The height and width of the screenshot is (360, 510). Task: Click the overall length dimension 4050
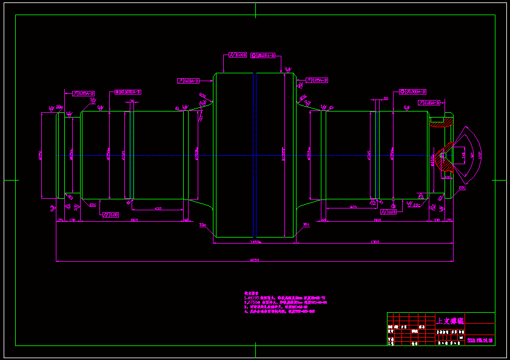(x=255, y=260)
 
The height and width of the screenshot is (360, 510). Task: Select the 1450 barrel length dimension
(x=255, y=242)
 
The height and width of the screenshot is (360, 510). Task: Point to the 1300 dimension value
(x=375, y=242)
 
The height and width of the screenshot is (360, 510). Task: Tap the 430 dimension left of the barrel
(x=158, y=208)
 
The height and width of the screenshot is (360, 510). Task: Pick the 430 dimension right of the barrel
(x=353, y=207)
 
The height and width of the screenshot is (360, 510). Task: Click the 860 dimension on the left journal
(x=134, y=220)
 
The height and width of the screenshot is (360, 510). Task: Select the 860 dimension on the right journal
(x=377, y=220)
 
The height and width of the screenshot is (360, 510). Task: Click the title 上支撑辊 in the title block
(x=450, y=320)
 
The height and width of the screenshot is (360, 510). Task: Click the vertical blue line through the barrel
(x=256, y=155)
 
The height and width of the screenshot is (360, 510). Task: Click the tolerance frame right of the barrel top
(x=317, y=80)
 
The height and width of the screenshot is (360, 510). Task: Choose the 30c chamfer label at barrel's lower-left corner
(x=203, y=224)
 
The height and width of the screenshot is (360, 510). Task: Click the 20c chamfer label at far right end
(x=461, y=188)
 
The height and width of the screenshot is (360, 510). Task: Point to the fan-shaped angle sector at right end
(x=471, y=155)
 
